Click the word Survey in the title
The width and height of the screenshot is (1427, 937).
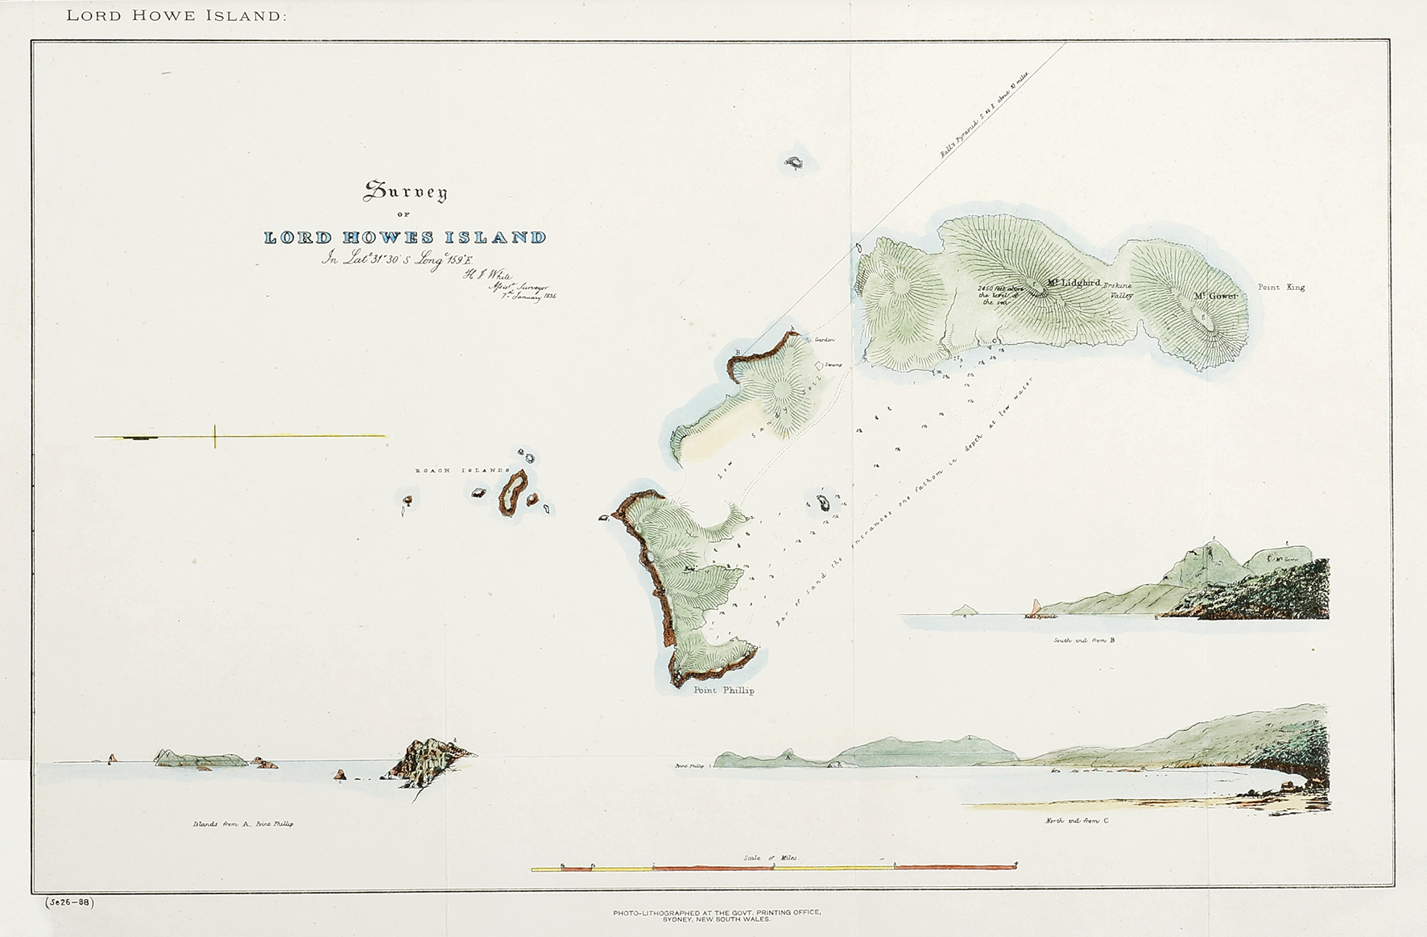coord(406,192)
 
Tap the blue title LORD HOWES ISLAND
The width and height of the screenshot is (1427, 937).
coord(406,238)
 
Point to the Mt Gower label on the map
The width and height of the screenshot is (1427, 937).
coord(1214,296)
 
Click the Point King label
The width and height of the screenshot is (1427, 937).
coord(1281,288)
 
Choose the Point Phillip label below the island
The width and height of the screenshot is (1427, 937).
coord(724,690)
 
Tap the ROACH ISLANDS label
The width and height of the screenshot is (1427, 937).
coord(462,471)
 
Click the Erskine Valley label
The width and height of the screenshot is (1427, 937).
coord(1119,290)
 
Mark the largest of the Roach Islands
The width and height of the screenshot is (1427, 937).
coord(512,492)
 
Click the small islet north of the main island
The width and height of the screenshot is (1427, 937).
coord(794,164)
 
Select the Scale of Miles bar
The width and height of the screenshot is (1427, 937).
coord(773,868)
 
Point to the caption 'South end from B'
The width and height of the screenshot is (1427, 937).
coord(1084,641)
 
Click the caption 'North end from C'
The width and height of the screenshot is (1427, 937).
coord(1077,820)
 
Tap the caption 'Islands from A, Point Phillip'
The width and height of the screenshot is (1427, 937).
coord(242,824)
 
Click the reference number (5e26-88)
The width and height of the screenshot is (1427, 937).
coord(69,902)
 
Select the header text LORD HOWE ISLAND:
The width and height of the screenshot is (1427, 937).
coord(176,16)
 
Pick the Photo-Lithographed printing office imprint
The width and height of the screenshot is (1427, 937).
coord(717,915)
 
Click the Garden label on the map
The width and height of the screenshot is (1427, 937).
coord(824,340)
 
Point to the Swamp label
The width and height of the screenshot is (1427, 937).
coord(832,365)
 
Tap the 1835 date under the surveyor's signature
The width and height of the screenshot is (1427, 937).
coord(550,296)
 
